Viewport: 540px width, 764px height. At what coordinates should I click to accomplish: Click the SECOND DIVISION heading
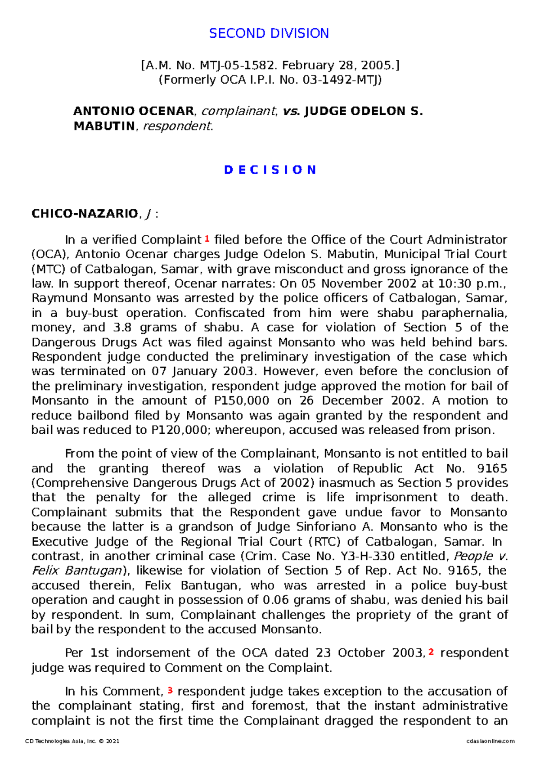269,33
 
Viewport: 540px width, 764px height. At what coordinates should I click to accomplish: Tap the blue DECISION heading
270,170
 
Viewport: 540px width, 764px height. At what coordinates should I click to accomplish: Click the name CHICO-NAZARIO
84,213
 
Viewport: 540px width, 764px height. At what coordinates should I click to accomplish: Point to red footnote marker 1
207,238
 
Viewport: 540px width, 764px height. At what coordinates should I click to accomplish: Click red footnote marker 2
431,652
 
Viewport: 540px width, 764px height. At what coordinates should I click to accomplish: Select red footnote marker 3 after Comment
170,690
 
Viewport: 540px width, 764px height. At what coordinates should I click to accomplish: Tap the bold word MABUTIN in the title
104,126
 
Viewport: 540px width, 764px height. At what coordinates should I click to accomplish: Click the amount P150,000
238,401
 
